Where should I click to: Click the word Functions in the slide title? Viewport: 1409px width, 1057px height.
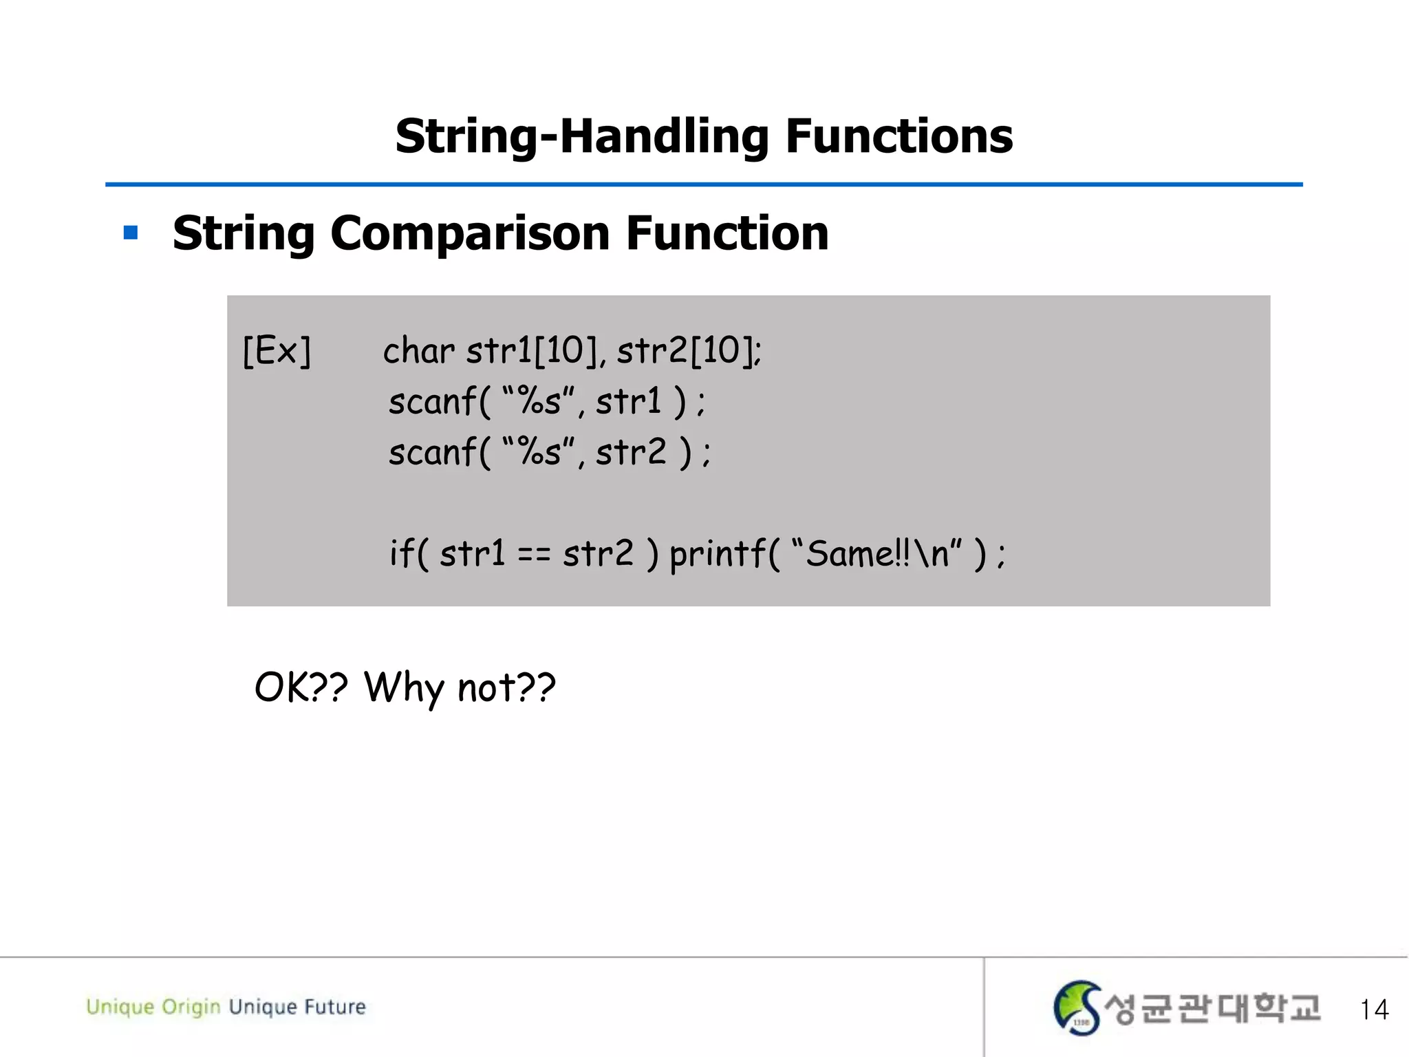(x=899, y=136)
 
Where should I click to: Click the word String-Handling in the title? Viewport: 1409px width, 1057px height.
(x=581, y=136)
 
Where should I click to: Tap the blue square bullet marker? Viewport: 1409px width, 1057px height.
(x=131, y=233)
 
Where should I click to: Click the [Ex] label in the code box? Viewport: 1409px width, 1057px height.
(x=277, y=351)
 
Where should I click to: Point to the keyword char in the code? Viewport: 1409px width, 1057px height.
(x=418, y=351)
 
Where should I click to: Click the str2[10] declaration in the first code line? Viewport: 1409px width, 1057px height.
(x=688, y=351)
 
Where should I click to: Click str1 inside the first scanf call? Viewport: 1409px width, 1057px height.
(x=628, y=402)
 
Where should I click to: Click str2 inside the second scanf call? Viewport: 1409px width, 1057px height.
(x=631, y=453)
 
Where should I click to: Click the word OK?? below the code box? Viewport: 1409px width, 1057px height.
(x=301, y=687)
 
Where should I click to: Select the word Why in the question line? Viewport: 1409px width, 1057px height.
(x=404, y=687)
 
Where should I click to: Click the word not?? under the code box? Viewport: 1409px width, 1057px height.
(x=506, y=687)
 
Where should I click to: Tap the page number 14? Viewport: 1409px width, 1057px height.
(x=1374, y=1010)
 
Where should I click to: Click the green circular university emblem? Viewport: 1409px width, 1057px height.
(x=1077, y=1008)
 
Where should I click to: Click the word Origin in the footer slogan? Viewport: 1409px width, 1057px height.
(x=191, y=1007)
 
